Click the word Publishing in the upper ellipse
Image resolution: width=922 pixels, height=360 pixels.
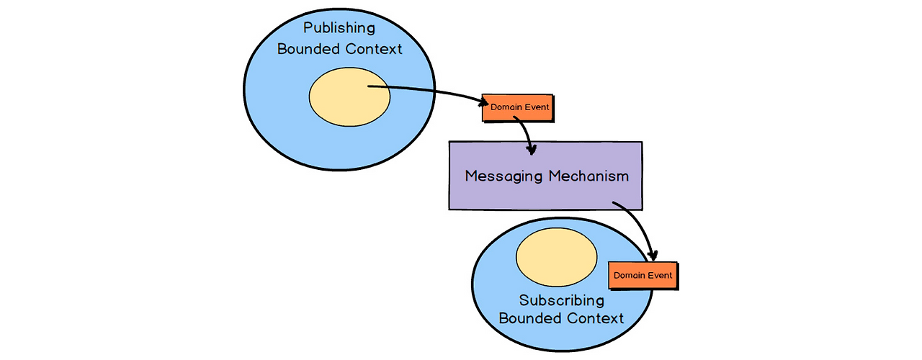(339, 28)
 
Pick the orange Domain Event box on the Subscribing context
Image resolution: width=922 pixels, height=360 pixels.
(643, 276)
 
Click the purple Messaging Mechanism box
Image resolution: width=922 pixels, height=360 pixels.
(545, 176)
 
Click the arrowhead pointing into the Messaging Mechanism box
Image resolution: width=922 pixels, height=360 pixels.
(532, 149)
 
